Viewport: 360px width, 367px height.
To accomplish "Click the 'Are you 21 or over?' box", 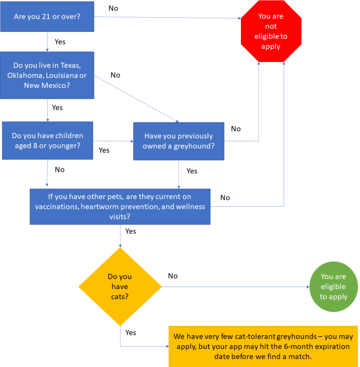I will coord(47,17).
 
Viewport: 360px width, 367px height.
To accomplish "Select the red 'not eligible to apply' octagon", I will coord(271,31).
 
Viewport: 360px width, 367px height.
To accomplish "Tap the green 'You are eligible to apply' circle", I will coord(333,287).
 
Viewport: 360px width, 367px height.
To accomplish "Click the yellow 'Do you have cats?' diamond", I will coord(120,287).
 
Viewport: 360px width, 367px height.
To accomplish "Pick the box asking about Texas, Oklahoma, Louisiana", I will coord(47,75).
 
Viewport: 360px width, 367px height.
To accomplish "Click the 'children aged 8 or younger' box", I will coord(47,141).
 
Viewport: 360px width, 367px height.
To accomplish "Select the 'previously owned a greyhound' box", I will coord(179,141).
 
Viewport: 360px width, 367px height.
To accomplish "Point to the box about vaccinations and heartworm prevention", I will coord(120,206).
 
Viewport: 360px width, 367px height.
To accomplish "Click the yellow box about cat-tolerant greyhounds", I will coord(263,346).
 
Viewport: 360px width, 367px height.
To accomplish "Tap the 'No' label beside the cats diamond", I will coord(173,276).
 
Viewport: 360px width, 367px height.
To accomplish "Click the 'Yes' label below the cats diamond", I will coord(130,332).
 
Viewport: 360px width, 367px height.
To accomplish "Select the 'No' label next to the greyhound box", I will coord(236,129).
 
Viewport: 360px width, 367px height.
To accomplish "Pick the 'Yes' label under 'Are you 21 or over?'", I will coord(60,42).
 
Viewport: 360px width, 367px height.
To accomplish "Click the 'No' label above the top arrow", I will coord(114,8).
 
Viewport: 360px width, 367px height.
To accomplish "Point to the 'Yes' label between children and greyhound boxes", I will coord(104,150).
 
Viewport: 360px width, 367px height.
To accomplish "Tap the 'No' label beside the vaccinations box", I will coord(225,198).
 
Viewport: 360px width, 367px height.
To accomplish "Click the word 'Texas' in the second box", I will coord(70,65).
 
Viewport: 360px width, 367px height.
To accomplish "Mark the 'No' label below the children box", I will coord(60,170).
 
